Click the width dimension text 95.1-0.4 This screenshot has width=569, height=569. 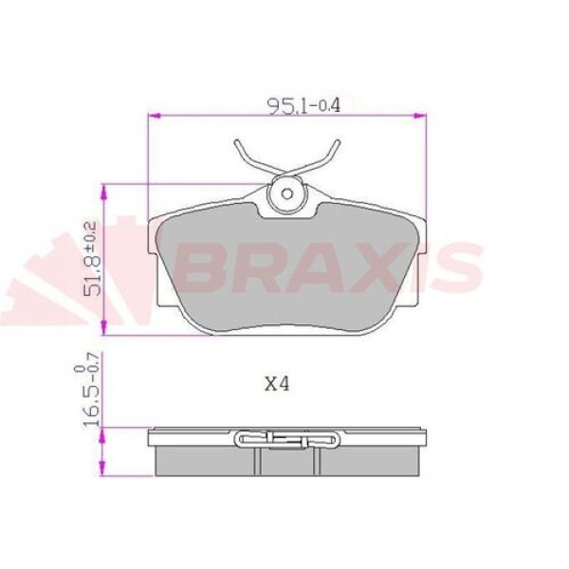pyautogui.click(x=290, y=105)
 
